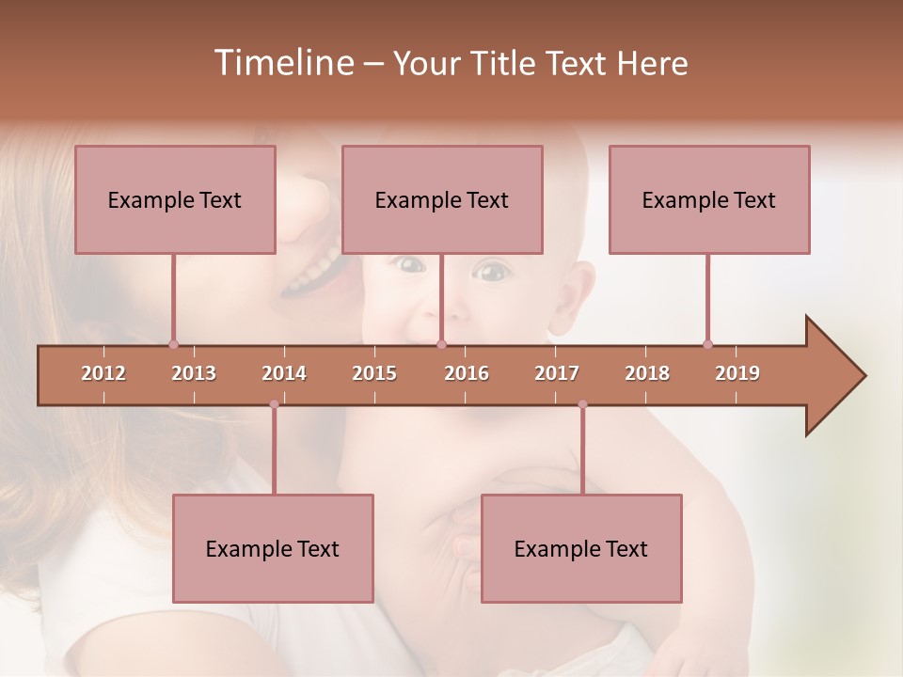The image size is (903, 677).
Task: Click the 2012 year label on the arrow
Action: (x=103, y=373)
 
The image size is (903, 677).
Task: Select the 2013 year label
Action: (x=194, y=373)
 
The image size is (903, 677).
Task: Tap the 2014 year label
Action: (x=284, y=373)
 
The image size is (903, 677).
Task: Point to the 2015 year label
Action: (x=374, y=373)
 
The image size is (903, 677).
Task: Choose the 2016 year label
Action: (x=467, y=373)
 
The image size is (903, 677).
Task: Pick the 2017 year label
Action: (x=557, y=373)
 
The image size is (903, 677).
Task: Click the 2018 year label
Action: (x=647, y=373)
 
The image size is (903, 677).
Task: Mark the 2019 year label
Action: (x=737, y=373)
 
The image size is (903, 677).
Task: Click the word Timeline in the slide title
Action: (x=282, y=63)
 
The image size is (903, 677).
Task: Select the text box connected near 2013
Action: (x=175, y=199)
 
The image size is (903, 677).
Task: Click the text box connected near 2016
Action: (x=442, y=199)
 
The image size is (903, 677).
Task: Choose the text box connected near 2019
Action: (x=709, y=199)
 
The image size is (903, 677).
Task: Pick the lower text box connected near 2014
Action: (x=273, y=548)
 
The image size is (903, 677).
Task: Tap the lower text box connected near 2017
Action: (x=581, y=548)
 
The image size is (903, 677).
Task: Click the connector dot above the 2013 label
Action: (x=173, y=344)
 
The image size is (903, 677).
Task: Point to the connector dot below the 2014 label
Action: (x=274, y=404)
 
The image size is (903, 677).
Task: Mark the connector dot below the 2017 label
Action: (x=582, y=404)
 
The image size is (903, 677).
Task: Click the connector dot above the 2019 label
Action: (x=707, y=344)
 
